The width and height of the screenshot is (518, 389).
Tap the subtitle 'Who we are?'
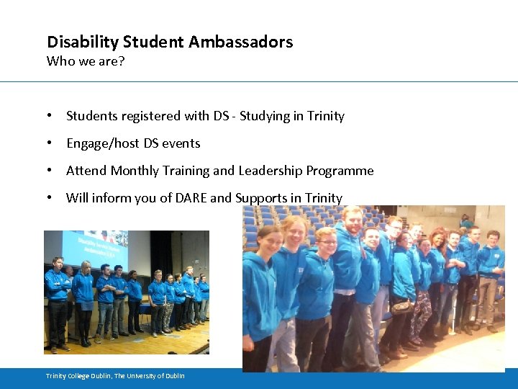[86, 61]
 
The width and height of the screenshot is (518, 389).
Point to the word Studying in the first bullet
[264, 116]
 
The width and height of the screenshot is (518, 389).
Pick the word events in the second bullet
[181, 143]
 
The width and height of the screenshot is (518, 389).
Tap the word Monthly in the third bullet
[133, 171]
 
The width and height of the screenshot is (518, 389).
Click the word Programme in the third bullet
[340, 171]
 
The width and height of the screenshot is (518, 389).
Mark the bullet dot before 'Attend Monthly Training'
[48, 171]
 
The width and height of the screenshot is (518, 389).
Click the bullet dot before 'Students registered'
[48, 116]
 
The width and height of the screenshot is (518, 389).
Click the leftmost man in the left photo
[58, 299]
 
